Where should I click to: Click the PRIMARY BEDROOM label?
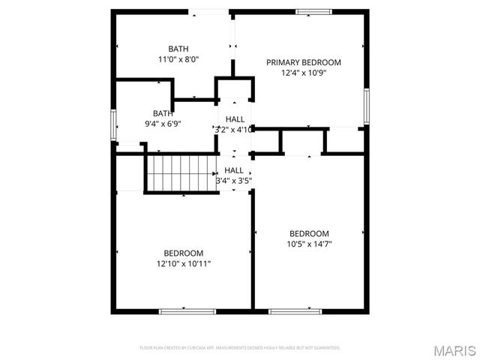[x=304, y=62]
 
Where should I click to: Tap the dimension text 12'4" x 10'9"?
[x=304, y=73]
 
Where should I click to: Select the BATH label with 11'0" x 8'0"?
[x=178, y=48]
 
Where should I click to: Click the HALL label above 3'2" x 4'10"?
[x=235, y=118]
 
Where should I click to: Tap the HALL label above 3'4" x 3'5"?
[x=234, y=170]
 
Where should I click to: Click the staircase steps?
[x=180, y=172]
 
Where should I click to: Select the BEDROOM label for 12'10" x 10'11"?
[x=184, y=253]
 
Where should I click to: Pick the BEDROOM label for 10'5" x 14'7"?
[x=309, y=233]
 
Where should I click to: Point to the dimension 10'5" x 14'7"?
[x=309, y=244]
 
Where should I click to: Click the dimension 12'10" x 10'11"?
[x=184, y=263]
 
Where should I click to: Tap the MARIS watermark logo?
[x=454, y=349]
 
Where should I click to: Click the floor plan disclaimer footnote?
[x=240, y=348]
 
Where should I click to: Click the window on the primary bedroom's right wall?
[x=367, y=105]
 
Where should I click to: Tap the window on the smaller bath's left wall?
[x=113, y=124]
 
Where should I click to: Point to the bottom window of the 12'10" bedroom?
[x=177, y=310]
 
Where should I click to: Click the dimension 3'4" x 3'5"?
[x=234, y=180]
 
